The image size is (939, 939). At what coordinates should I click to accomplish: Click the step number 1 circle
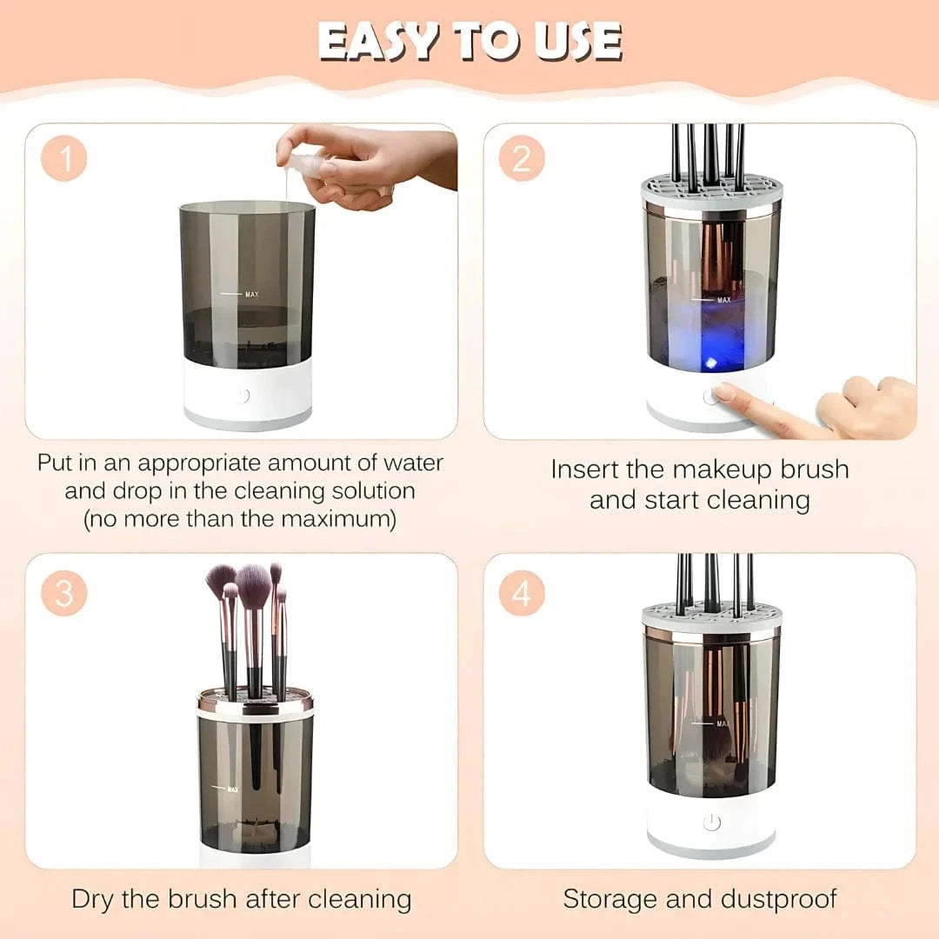pyautogui.click(x=63, y=160)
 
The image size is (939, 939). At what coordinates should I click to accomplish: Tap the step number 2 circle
pyautogui.click(x=522, y=160)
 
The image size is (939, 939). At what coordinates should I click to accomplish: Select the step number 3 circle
pyautogui.click(x=63, y=594)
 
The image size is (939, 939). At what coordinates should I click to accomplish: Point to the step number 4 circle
pyautogui.click(x=522, y=594)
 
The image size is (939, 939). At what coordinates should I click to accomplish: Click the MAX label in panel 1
pyautogui.click(x=252, y=295)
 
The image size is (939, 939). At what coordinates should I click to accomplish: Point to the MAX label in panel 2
pyautogui.click(x=723, y=300)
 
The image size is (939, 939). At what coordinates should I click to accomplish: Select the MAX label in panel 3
pyautogui.click(x=232, y=789)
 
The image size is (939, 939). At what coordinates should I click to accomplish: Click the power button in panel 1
pyautogui.click(x=242, y=396)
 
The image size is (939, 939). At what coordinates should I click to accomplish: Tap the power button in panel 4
pyautogui.click(x=712, y=822)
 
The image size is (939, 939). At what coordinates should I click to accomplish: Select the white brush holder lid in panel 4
pyautogui.click(x=711, y=616)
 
